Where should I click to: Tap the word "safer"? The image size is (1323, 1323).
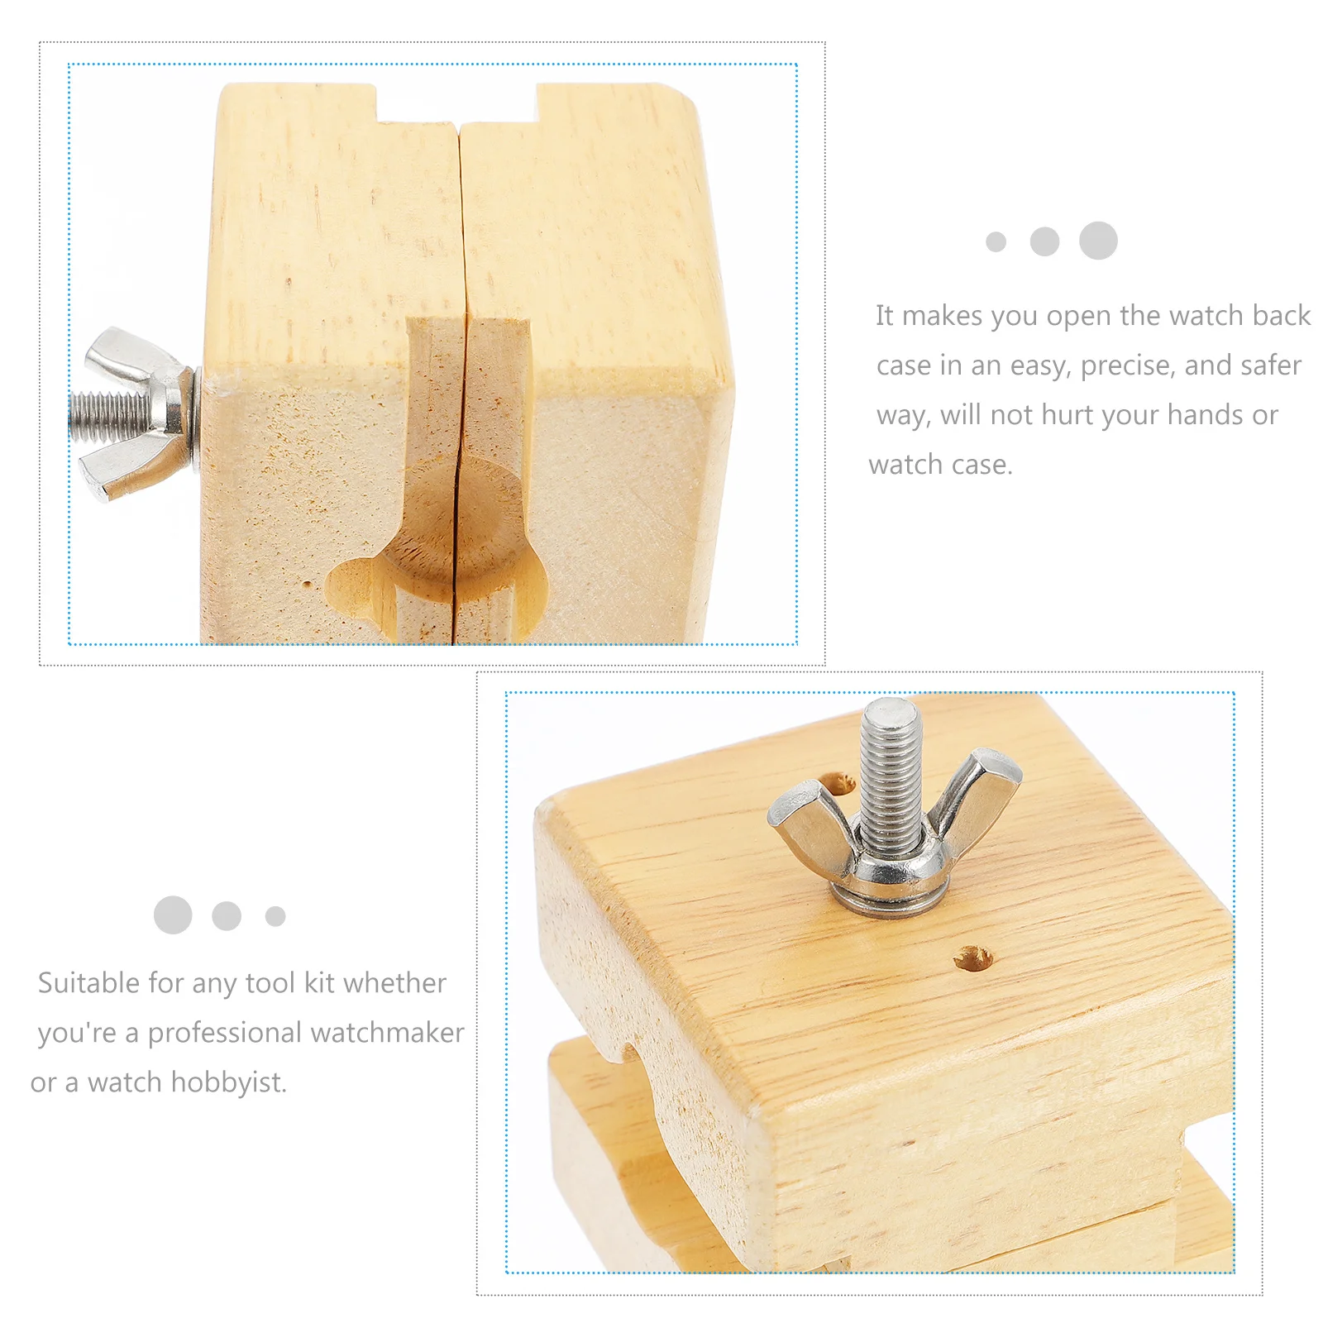tap(1271, 365)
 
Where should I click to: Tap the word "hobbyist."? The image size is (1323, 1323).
tap(228, 1082)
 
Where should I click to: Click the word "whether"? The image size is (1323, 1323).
tap(394, 983)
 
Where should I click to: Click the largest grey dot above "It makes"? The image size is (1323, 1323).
tap(1098, 241)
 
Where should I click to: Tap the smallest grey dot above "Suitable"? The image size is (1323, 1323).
tap(275, 916)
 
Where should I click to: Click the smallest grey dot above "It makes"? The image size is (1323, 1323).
tap(996, 241)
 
